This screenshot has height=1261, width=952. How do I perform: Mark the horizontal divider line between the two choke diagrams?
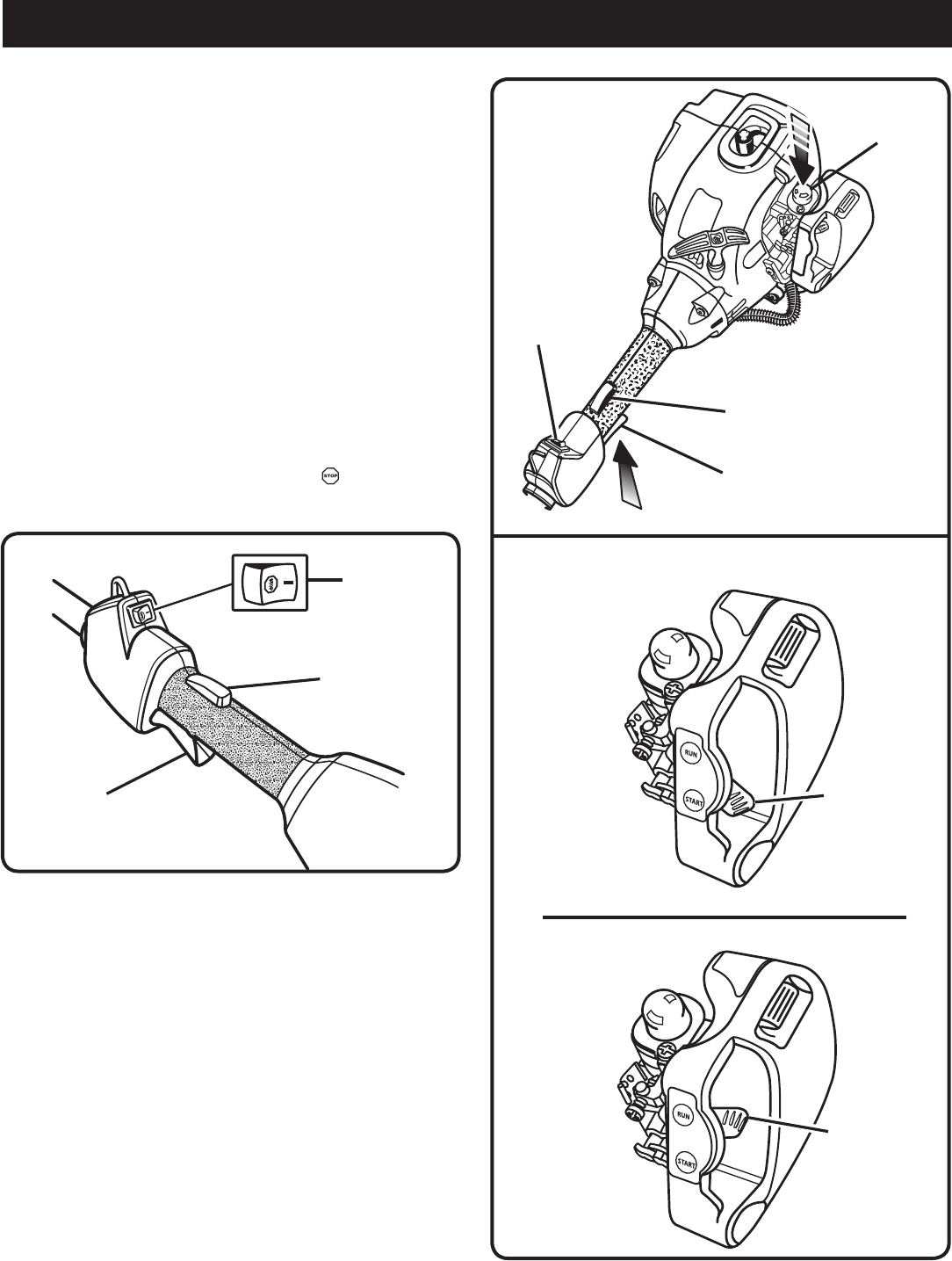tap(725, 917)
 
